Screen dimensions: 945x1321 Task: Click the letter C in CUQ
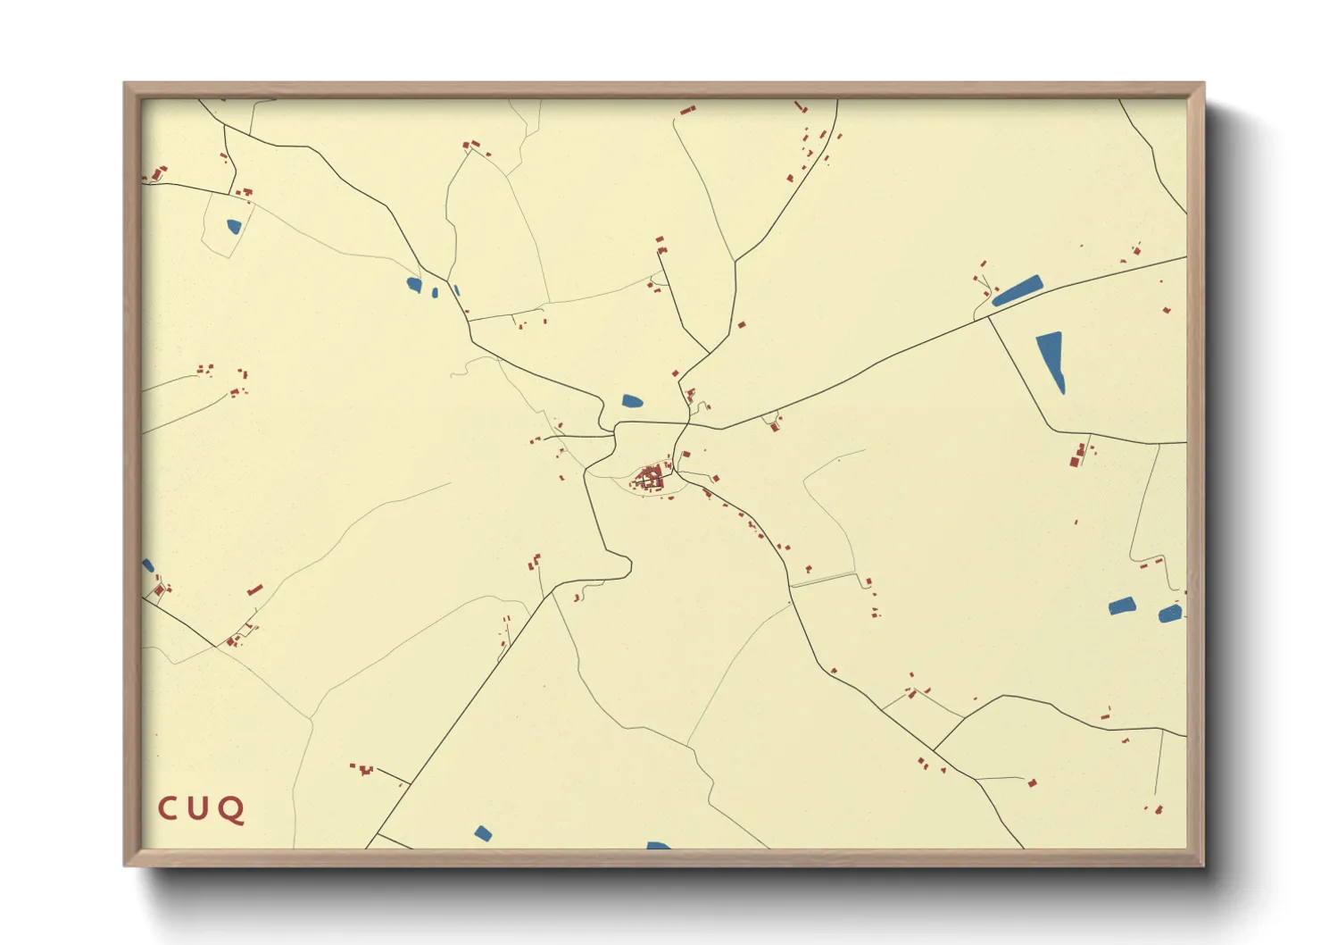(167, 809)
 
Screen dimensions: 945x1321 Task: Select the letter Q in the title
(232, 810)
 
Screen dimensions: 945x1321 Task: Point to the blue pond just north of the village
(632, 401)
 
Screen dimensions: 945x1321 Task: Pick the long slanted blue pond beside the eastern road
(1018, 290)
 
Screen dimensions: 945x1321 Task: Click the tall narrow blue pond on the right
(1051, 357)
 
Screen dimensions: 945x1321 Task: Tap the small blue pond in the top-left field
(234, 227)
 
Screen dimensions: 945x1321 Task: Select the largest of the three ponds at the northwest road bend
(414, 285)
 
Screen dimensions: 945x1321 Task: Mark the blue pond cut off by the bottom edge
(658, 845)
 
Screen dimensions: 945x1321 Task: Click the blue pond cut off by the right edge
(1170, 614)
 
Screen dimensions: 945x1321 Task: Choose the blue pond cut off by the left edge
(147, 565)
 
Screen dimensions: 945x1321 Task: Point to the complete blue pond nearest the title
(483, 833)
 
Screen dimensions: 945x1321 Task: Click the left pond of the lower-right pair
(1121, 606)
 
